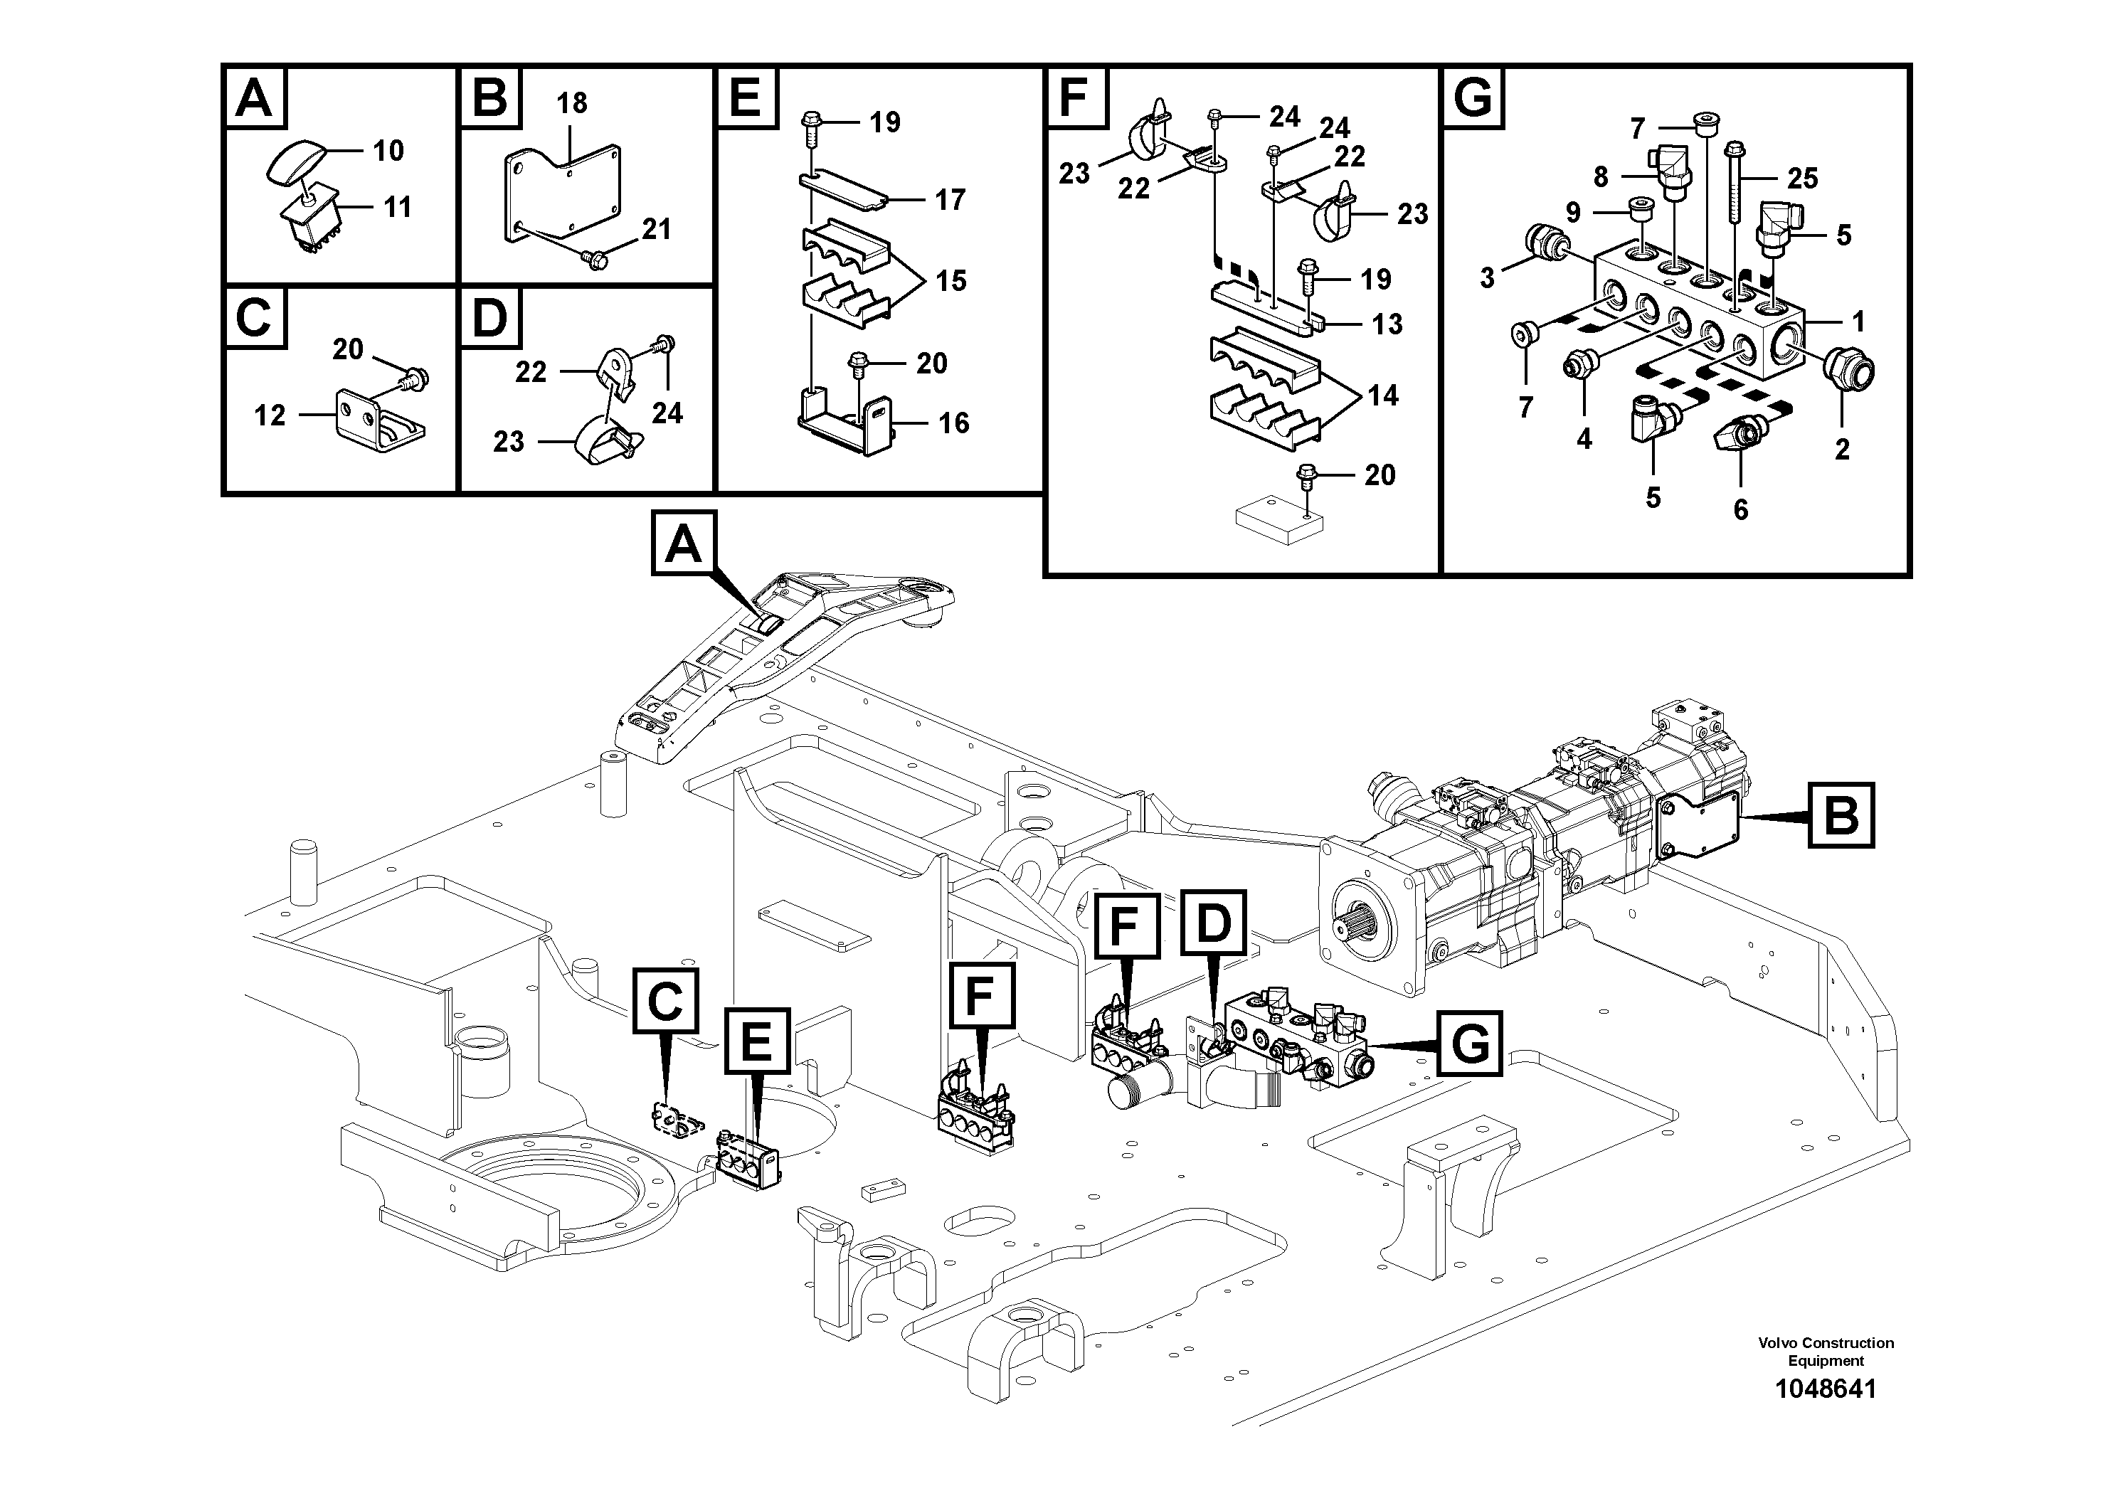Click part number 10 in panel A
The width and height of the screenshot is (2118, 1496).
point(388,150)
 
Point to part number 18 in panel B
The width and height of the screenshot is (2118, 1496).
point(572,102)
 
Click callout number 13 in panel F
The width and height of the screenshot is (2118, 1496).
point(1387,324)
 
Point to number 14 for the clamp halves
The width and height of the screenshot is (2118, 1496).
point(1382,396)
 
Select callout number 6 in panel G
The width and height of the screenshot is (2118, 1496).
point(1740,509)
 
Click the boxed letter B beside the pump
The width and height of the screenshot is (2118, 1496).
point(1841,815)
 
